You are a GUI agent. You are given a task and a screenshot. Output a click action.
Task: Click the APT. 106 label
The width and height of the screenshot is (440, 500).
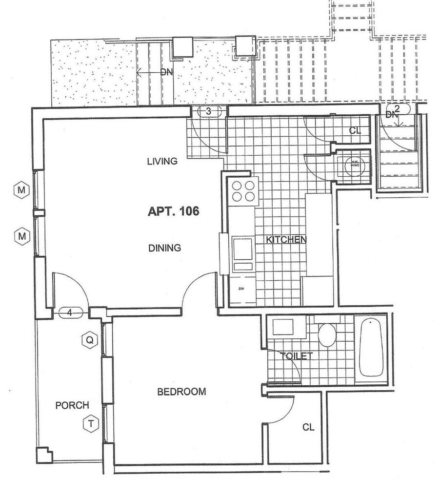(174, 211)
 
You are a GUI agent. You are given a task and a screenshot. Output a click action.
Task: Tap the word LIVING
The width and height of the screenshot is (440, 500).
(162, 161)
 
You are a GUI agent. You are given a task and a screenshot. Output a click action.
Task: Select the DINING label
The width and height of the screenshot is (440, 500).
(164, 248)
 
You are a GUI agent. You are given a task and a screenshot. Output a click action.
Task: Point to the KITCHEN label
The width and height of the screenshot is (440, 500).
(286, 239)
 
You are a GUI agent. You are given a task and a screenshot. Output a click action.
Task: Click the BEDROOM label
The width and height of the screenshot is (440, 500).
(181, 392)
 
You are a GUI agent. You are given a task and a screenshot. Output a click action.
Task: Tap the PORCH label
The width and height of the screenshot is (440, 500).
(72, 405)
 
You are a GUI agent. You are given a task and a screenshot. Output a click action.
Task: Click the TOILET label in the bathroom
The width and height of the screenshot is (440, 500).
(297, 356)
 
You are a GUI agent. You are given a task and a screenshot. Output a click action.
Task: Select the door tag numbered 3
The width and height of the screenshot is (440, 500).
(209, 111)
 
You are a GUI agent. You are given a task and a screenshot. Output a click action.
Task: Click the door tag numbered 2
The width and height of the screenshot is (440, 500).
(397, 108)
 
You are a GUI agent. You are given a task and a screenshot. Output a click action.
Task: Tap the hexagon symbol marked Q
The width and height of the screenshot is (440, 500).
(89, 339)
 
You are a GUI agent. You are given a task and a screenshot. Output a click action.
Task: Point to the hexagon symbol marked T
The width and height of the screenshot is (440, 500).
(90, 423)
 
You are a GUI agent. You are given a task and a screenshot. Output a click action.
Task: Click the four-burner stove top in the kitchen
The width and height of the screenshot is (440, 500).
(244, 191)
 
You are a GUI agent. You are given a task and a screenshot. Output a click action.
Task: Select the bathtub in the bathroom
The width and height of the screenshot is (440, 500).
(371, 347)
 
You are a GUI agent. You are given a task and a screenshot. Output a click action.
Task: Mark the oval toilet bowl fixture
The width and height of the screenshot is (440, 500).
(327, 335)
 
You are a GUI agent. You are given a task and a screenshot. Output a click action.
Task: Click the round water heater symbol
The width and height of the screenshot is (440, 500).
(352, 165)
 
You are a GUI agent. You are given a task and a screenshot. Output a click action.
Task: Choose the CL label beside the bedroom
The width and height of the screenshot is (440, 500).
(308, 427)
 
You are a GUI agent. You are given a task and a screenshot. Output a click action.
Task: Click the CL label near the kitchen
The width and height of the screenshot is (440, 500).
(355, 130)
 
